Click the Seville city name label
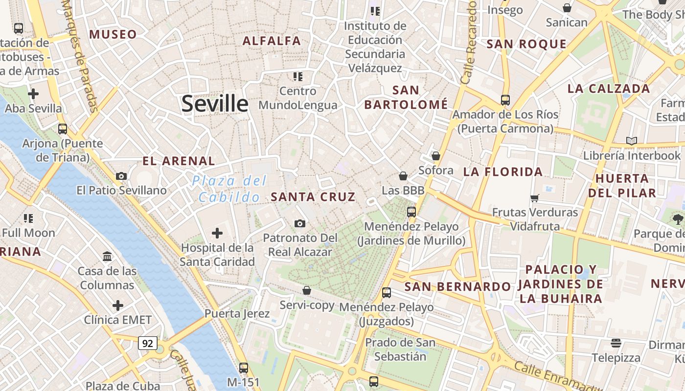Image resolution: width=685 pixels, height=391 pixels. point(215,104)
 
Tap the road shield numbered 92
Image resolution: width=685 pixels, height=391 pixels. point(147,343)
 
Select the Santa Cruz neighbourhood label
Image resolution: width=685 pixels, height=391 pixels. point(313,197)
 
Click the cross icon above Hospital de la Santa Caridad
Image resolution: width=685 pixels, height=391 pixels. point(217,233)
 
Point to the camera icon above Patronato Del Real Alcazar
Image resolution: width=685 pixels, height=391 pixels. point(300,223)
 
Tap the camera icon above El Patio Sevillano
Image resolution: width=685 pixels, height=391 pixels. point(121,176)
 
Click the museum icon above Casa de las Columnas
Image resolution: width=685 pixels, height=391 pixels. point(107,256)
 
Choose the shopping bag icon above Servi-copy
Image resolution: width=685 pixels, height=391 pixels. point(307,290)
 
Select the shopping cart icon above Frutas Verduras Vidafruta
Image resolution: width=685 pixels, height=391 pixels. point(535,198)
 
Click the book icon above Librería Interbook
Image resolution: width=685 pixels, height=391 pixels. point(632,141)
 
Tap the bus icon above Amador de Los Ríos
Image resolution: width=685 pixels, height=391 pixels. point(505,100)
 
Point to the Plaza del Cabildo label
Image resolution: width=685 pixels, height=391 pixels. point(229,189)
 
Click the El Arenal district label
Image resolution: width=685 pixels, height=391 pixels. point(179,161)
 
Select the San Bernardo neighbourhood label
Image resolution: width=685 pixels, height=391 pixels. point(457,286)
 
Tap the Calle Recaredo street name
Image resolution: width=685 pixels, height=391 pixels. point(469,42)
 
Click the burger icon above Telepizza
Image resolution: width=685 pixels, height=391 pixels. point(616,343)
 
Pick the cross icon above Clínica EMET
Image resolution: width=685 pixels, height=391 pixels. point(118,306)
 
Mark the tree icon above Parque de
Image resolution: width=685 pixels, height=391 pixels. point(678,218)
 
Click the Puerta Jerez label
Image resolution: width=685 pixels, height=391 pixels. point(237,313)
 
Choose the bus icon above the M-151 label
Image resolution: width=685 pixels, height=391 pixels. point(244,368)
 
